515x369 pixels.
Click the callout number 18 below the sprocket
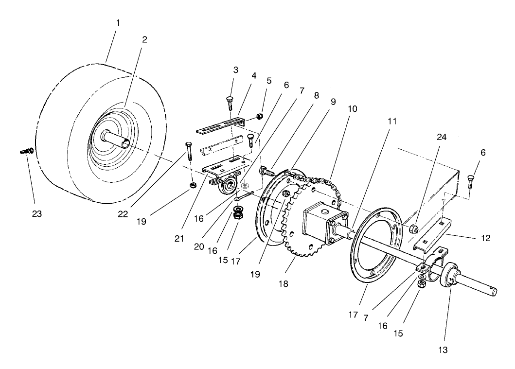284,283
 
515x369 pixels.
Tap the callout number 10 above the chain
352,109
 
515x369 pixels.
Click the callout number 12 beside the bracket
485,238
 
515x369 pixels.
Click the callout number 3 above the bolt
235,70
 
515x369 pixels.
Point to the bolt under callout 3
230,103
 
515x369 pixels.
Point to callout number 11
392,122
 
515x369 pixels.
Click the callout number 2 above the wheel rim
144,39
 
